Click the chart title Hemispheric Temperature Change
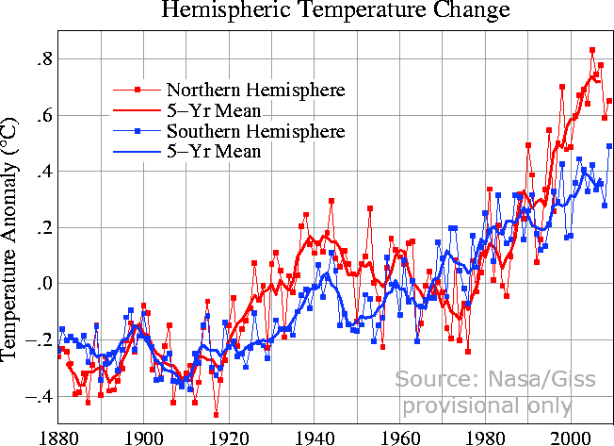[336, 11]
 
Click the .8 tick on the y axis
[42, 59]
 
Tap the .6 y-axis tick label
[42, 115]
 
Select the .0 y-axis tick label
[42, 284]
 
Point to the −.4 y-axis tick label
[40, 396]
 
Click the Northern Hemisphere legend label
[255, 91]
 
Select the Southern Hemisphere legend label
[255, 130]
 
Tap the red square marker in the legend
[137, 91]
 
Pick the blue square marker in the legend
[137, 130]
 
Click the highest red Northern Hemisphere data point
[592, 50]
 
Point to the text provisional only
[487, 406]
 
